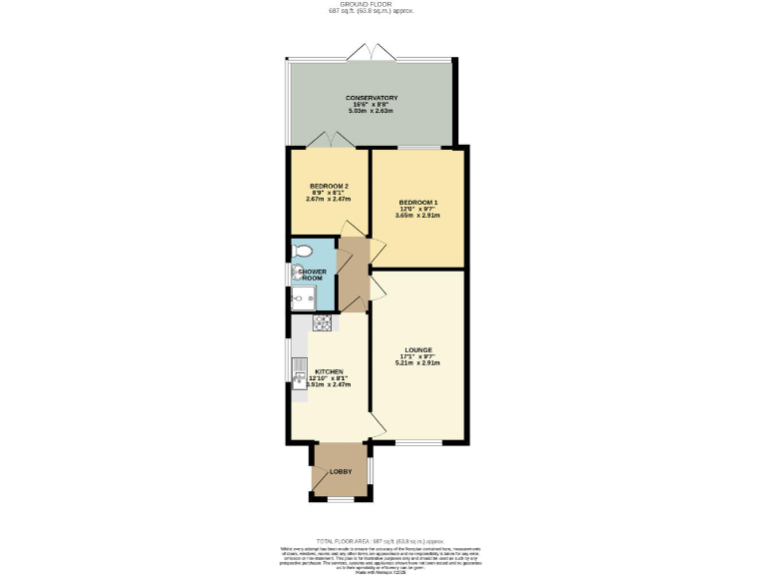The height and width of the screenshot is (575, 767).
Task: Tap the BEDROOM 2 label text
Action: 329,187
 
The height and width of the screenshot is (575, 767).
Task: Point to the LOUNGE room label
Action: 417,349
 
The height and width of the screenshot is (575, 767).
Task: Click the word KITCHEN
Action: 329,371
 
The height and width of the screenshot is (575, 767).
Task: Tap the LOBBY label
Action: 342,470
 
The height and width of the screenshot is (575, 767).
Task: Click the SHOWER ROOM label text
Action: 313,275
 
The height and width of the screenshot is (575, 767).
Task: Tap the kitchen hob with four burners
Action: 323,322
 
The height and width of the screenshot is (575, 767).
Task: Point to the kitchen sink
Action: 299,377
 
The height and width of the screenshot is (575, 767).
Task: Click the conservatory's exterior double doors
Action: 371,51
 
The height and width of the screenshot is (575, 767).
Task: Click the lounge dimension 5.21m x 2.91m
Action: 417,362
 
